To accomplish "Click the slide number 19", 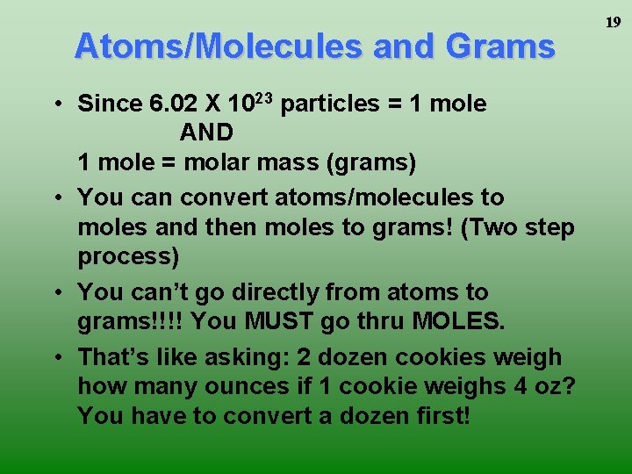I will (612, 22).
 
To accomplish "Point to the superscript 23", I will (265, 97).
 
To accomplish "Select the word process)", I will (128, 257).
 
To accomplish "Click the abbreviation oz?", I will (556, 387).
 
